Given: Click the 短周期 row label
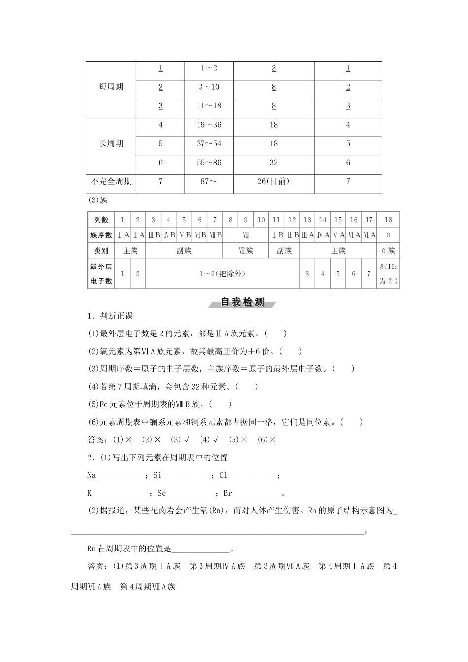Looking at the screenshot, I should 111,87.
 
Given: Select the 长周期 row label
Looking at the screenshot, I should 111,144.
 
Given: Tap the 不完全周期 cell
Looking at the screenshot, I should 111,181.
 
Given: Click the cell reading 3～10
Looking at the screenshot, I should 209,87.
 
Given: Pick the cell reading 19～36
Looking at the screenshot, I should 209,125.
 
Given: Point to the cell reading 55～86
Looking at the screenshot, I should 209,163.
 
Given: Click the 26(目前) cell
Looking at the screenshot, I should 273,181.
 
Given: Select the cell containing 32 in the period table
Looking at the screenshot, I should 273,163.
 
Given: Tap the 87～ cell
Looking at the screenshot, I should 209,181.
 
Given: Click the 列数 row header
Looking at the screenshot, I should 101,220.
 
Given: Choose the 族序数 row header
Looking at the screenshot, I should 101,235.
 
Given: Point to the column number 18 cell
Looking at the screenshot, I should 388,220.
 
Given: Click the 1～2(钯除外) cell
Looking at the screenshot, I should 222,274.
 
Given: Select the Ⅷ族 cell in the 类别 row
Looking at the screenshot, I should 245,251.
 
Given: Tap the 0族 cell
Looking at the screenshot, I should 388,251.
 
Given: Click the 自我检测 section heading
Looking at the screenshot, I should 242,302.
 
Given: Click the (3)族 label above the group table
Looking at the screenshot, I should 98,200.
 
